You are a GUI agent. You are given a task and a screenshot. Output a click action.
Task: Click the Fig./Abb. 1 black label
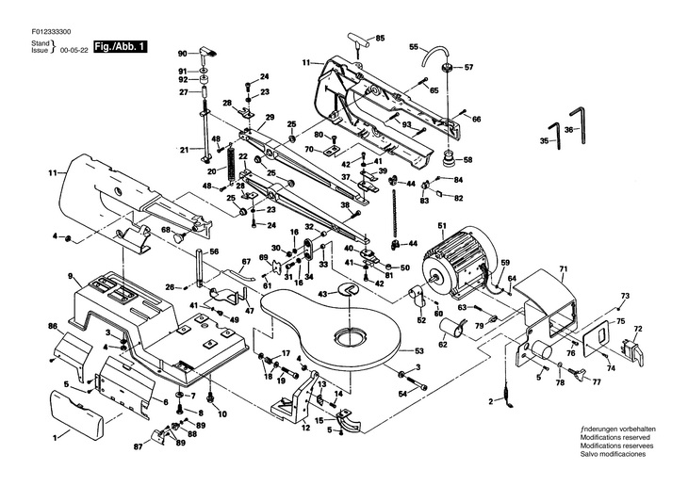pos(120,47)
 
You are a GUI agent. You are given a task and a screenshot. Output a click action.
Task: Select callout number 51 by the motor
pos(440,225)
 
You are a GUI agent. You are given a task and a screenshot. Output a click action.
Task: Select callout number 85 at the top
pos(381,39)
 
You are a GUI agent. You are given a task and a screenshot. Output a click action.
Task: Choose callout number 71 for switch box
pos(563,270)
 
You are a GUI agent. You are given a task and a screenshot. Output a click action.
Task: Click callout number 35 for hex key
pos(544,141)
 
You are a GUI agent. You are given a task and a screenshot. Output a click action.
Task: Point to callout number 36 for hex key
pos(569,129)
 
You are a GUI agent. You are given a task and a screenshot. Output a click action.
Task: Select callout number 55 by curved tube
pos(413,46)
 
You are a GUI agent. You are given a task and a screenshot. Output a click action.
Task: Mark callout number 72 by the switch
pos(638,330)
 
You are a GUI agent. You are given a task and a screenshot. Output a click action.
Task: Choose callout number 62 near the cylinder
pos(444,345)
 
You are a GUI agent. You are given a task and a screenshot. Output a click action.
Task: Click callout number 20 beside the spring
pos(211,170)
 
